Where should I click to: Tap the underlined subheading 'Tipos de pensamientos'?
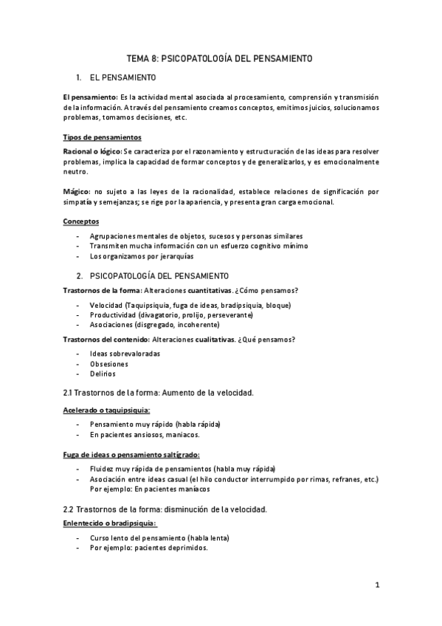click(103, 138)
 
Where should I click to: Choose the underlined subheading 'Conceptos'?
click(82, 221)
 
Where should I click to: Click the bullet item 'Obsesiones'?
click(108, 364)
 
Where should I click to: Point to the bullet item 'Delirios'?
click(103, 374)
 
